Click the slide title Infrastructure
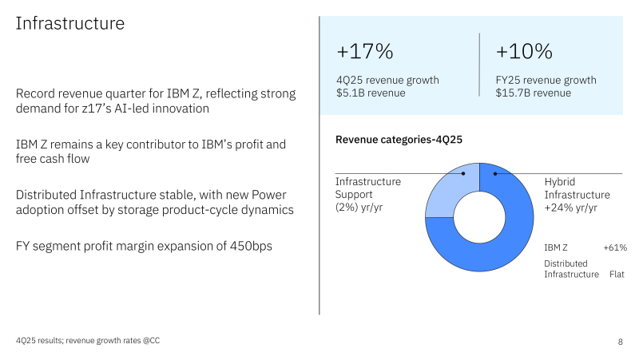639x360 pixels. (70, 24)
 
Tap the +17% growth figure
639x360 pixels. (364, 52)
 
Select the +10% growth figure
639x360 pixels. (524, 52)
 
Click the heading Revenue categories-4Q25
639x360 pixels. (399, 140)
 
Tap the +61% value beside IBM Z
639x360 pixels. (615, 248)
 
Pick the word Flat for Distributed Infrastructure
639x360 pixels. (616, 275)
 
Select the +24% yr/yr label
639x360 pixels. (571, 208)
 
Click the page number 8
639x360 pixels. (621, 342)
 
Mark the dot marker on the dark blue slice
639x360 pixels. (495, 173)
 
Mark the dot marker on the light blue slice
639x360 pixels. (463, 173)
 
